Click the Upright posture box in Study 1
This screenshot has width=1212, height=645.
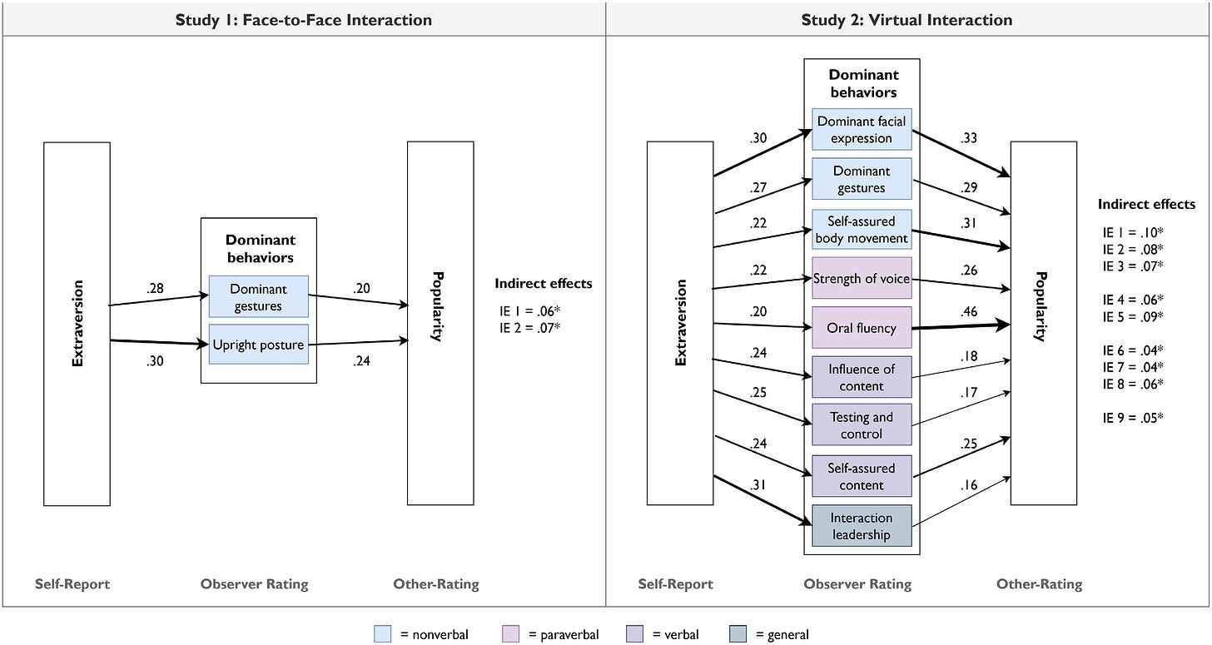[x=259, y=345]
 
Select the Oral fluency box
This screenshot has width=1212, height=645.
[x=862, y=327]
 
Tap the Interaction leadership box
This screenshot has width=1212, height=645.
[x=862, y=526]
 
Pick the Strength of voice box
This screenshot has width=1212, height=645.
[x=862, y=278]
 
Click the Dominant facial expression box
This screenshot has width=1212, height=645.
[x=862, y=129]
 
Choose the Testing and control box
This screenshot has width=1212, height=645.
[x=862, y=424]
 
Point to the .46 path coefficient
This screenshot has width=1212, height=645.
[x=969, y=311]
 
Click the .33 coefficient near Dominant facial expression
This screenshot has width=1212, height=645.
[x=969, y=138]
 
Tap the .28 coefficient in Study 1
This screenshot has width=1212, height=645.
[x=155, y=289]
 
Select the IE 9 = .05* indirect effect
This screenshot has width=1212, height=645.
[x=1133, y=418]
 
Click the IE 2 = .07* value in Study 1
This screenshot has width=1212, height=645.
[x=529, y=327]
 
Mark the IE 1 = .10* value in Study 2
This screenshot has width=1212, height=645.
[x=1133, y=233]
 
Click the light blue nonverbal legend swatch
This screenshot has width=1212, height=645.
[x=383, y=633]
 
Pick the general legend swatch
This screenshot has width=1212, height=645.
[x=738, y=633]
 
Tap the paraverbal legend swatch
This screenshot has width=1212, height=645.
[x=511, y=633]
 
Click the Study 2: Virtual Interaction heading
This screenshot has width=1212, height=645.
[x=907, y=20]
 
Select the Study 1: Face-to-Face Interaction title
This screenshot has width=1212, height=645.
[x=304, y=20]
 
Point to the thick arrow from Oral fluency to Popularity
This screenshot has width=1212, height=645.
[x=961, y=326]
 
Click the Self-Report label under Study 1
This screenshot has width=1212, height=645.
[x=72, y=584]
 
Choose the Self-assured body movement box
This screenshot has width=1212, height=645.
[x=862, y=230]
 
